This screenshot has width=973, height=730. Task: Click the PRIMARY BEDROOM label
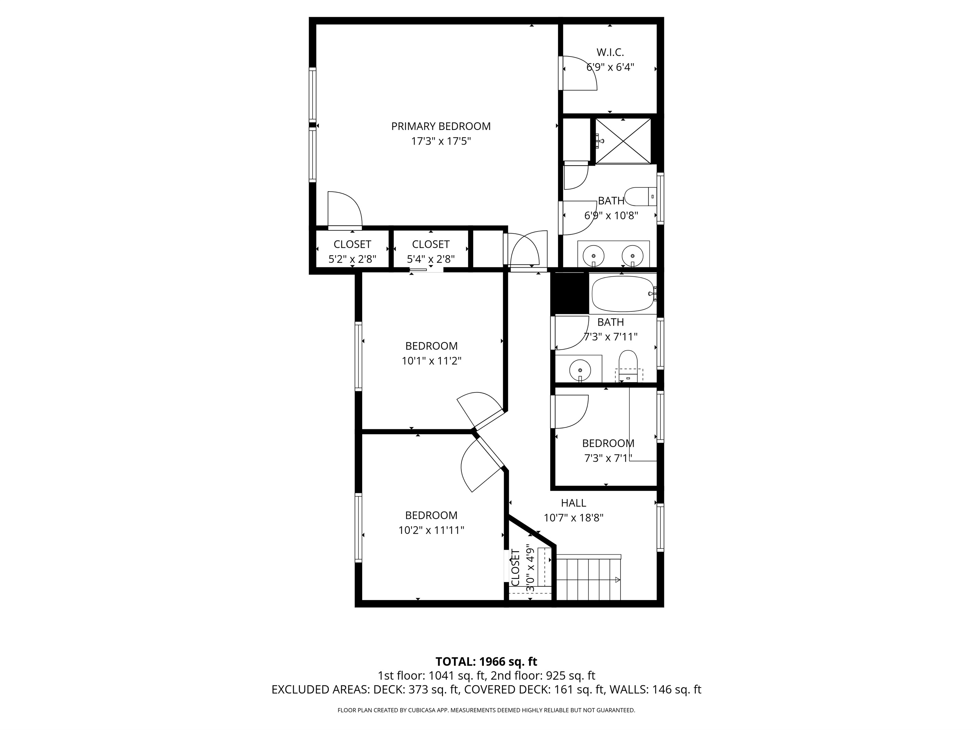[441, 126]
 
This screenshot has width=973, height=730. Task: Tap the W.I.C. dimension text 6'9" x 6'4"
[610, 67]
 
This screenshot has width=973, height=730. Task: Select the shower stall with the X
[623, 141]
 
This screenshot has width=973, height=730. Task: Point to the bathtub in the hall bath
[623, 293]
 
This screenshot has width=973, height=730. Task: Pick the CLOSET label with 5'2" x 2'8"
[352, 244]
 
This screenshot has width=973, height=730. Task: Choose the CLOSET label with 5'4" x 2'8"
[431, 244]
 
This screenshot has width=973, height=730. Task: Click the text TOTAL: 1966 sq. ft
[486, 662]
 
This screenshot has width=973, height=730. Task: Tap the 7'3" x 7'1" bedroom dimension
[608, 459]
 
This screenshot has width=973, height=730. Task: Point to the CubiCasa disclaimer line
[486, 710]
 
